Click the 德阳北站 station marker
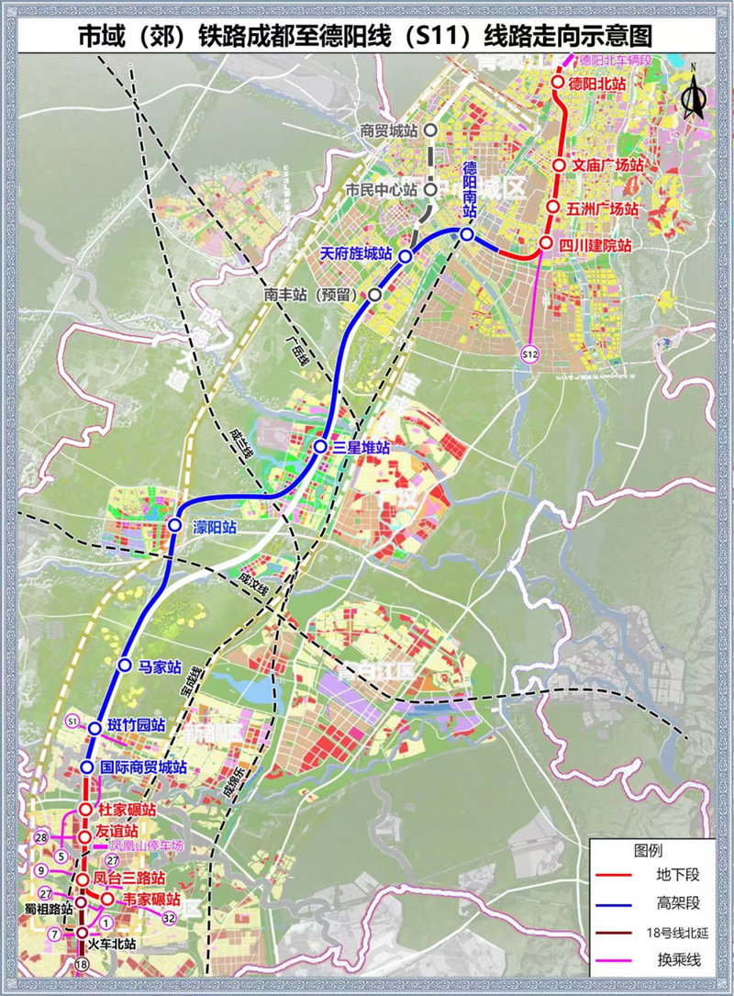click(x=557, y=84)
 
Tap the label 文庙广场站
click(x=606, y=165)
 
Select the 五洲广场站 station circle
click(x=553, y=208)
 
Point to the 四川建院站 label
click(x=597, y=245)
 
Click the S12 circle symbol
click(x=529, y=353)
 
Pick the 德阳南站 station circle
click(x=467, y=236)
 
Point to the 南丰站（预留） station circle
click(x=374, y=295)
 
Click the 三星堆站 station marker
click(x=320, y=446)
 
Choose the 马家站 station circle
click(x=125, y=664)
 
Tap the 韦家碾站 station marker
click(x=106, y=899)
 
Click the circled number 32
click(x=168, y=916)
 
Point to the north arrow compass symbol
click(x=694, y=93)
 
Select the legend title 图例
click(x=648, y=849)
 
